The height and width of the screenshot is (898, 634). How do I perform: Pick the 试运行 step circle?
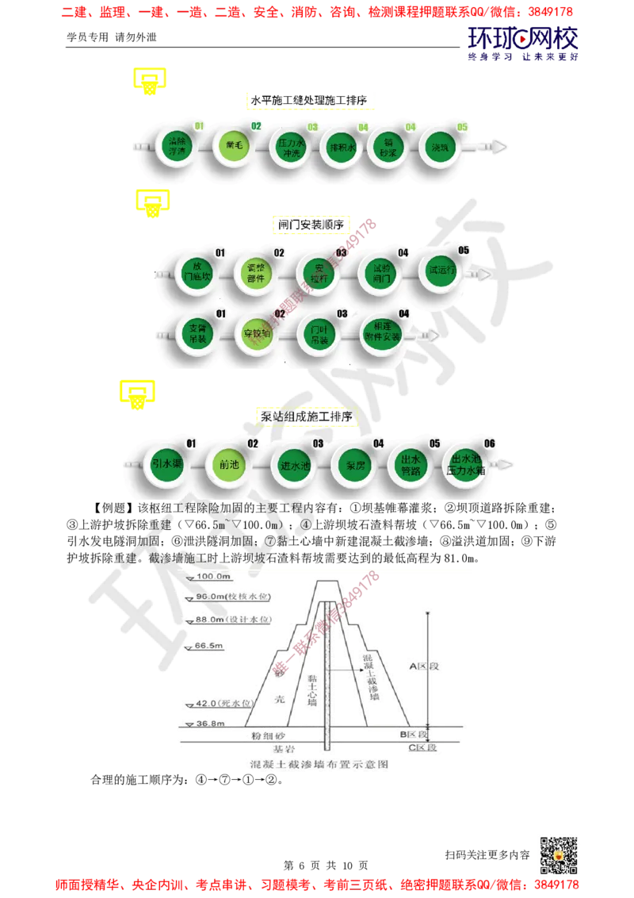442,271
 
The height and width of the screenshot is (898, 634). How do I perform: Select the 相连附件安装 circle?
380,334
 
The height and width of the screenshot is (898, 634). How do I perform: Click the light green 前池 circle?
229,465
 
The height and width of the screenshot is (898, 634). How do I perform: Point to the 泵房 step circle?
350,465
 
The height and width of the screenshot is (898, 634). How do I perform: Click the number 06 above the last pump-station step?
489,443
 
